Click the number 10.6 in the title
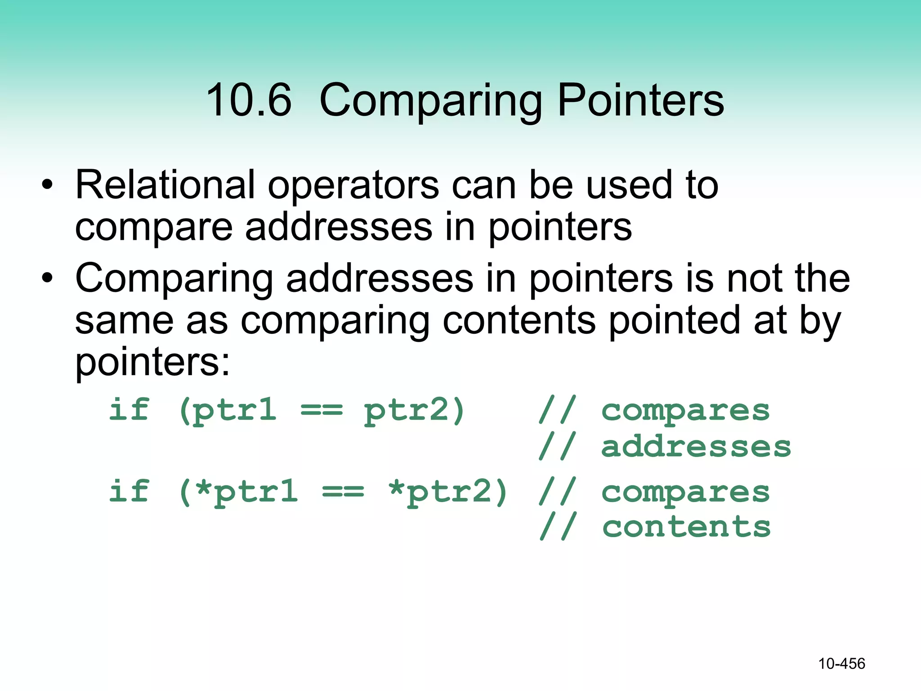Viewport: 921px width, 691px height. [249, 100]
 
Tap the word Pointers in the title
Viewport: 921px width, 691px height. [640, 100]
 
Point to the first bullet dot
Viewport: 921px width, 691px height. [47, 185]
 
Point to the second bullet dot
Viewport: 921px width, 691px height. [47, 278]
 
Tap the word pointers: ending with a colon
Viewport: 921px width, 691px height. [152, 363]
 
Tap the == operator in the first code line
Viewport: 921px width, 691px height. [321, 410]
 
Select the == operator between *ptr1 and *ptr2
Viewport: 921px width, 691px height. [343, 492]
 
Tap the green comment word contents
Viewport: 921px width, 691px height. [686, 527]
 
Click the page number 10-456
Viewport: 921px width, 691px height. [841, 664]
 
